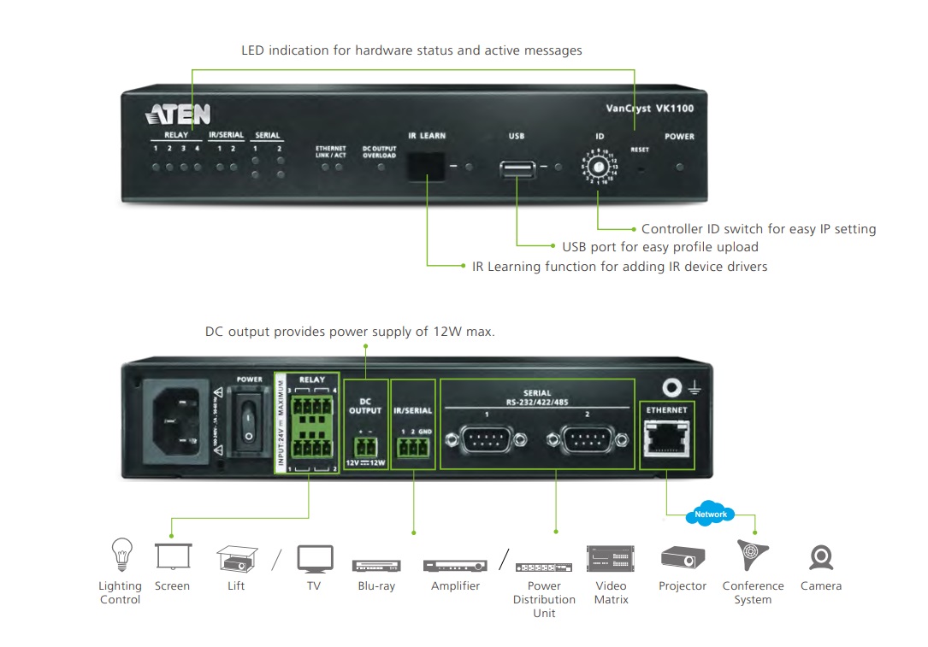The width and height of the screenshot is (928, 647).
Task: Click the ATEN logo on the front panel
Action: (x=177, y=115)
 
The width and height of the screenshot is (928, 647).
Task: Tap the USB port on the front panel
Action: (x=517, y=168)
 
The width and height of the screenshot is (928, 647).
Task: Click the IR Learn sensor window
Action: (x=426, y=165)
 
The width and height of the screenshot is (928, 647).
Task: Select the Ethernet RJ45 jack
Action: (x=665, y=440)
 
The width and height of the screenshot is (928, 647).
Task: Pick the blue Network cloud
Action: (x=710, y=514)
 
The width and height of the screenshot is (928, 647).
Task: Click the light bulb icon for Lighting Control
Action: (x=119, y=555)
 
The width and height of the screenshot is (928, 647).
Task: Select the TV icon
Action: (x=314, y=558)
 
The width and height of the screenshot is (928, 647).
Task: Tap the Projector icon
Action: (x=683, y=558)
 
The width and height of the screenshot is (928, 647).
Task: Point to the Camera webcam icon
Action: (x=821, y=558)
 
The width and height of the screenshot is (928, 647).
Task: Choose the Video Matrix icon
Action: (x=611, y=558)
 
